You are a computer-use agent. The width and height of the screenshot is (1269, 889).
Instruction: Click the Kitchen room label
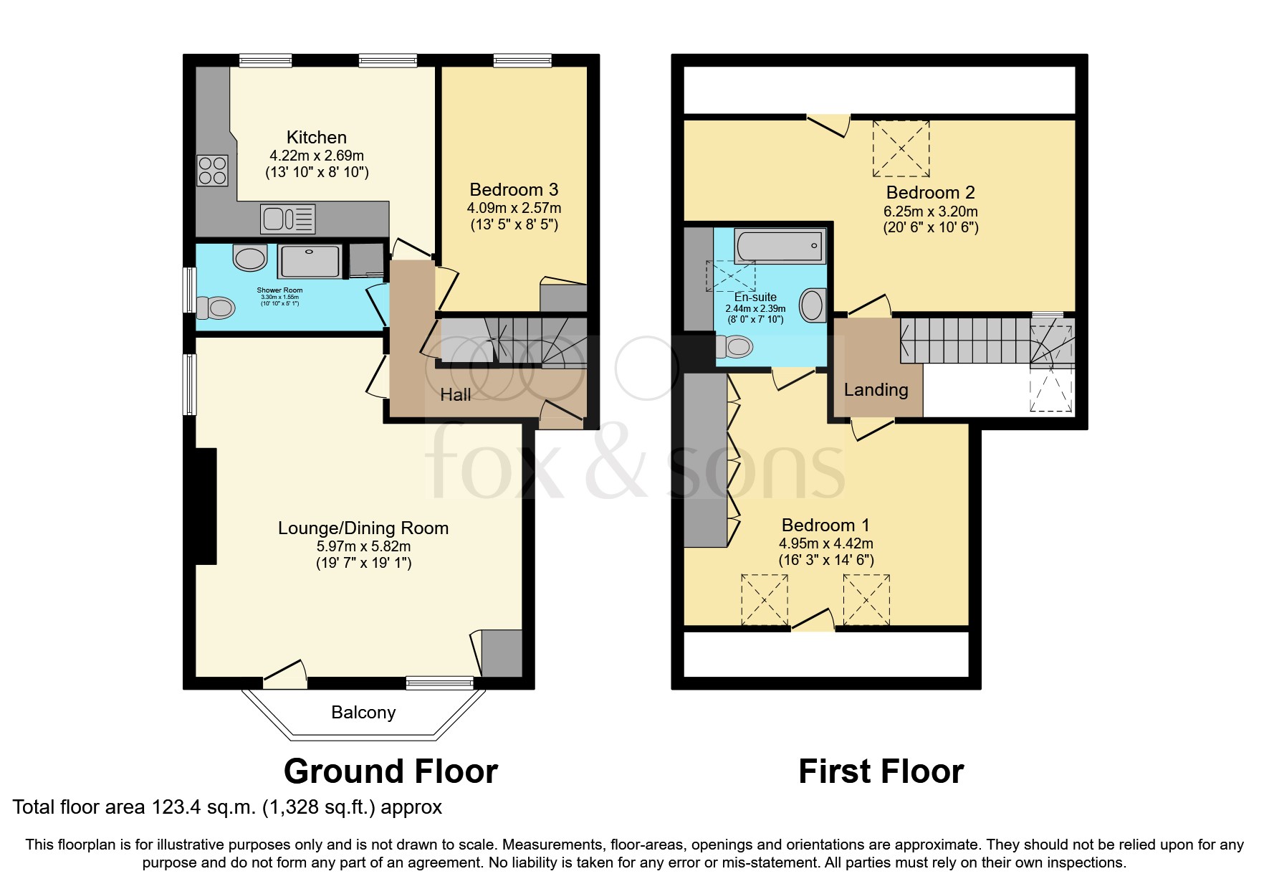(x=316, y=137)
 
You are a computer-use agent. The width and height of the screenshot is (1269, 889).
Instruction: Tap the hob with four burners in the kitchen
(x=212, y=171)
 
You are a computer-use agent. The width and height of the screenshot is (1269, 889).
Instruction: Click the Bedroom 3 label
(x=513, y=190)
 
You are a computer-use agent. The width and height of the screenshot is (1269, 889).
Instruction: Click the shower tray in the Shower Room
(x=309, y=261)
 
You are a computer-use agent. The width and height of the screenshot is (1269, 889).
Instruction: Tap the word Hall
(x=456, y=394)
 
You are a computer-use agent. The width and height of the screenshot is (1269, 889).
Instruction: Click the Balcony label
(x=363, y=712)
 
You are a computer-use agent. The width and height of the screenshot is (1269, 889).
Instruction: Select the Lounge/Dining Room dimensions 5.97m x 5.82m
(x=363, y=546)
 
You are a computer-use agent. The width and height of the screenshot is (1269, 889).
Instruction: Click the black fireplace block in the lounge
(x=207, y=507)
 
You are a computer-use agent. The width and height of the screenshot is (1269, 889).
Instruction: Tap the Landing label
(x=876, y=390)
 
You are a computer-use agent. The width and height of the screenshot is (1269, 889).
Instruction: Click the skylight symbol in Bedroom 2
(x=901, y=149)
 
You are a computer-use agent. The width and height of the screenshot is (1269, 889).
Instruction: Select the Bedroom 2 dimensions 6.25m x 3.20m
(x=930, y=211)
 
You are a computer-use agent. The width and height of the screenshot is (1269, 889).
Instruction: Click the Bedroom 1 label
(x=825, y=525)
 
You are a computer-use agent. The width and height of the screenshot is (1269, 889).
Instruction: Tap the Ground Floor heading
(x=391, y=771)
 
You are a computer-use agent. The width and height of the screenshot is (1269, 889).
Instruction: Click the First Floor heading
(x=881, y=771)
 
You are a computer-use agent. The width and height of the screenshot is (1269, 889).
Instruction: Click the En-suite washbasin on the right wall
(x=813, y=305)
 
